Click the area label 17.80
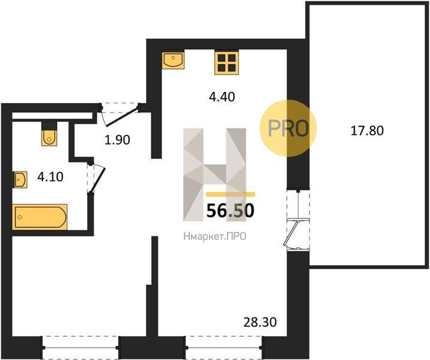click(x=367, y=131)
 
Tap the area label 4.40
click(x=222, y=97)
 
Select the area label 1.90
click(x=117, y=140)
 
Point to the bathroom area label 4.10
click(x=50, y=177)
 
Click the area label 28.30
click(x=260, y=322)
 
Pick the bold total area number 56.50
click(x=231, y=211)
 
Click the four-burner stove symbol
click(x=226, y=63)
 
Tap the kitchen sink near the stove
click(x=173, y=61)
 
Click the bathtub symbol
click(x=40, y=217)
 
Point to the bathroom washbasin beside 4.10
click(x=20, y=180)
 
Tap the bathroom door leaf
click(x=97, y=179)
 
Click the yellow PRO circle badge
click(x=288, y=128)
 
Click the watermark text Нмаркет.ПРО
click(x=215, y=236)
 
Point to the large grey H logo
click(x=215, y=175)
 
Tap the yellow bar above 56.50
click(x=231, y=194)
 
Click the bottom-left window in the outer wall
click(x=80, y=347)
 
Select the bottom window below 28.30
click(x=224, y=347)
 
